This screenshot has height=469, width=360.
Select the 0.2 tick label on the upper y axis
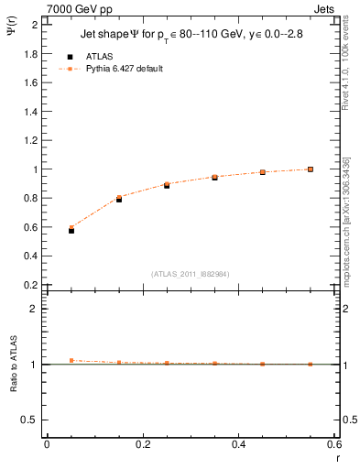30,285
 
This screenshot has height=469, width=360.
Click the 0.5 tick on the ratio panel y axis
30,420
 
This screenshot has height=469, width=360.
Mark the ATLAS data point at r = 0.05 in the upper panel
71,231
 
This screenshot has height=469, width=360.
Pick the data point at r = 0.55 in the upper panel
311,169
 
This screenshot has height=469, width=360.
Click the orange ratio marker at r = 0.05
71,360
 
